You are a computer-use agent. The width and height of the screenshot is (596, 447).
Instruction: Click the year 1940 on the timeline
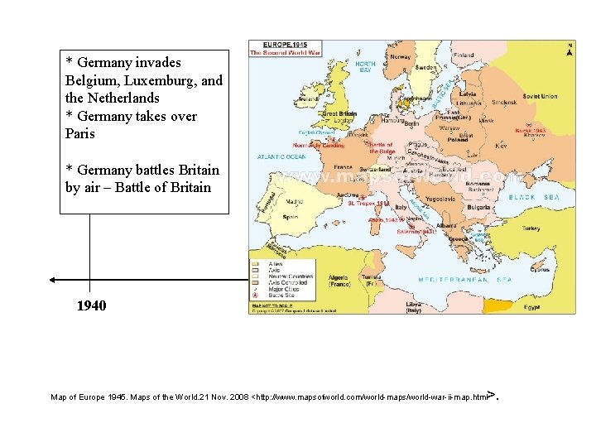(x=91, y=306)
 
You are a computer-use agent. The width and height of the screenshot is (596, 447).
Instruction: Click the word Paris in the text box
(x=80, y=134)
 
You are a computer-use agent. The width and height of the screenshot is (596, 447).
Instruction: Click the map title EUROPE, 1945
(x=286, y=45)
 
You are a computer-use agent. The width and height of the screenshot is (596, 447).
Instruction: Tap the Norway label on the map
(x=401, y=58)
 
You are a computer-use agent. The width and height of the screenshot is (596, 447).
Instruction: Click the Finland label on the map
(x=464, y=55)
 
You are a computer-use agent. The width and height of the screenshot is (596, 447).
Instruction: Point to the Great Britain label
(x=339, y=113)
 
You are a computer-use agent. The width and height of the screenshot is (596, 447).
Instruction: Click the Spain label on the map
(x=290, y=217)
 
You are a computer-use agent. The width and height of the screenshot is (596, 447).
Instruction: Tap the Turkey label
(x=531, y=228)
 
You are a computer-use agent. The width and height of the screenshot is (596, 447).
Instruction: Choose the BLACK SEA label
(x=533, y=198)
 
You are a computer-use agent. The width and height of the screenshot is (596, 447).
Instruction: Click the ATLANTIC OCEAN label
(x=281, y=156)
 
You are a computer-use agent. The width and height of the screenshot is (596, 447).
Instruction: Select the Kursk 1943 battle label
(x=527, y=130)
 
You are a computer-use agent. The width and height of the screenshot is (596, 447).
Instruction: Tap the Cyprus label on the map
(x=539, y=269)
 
